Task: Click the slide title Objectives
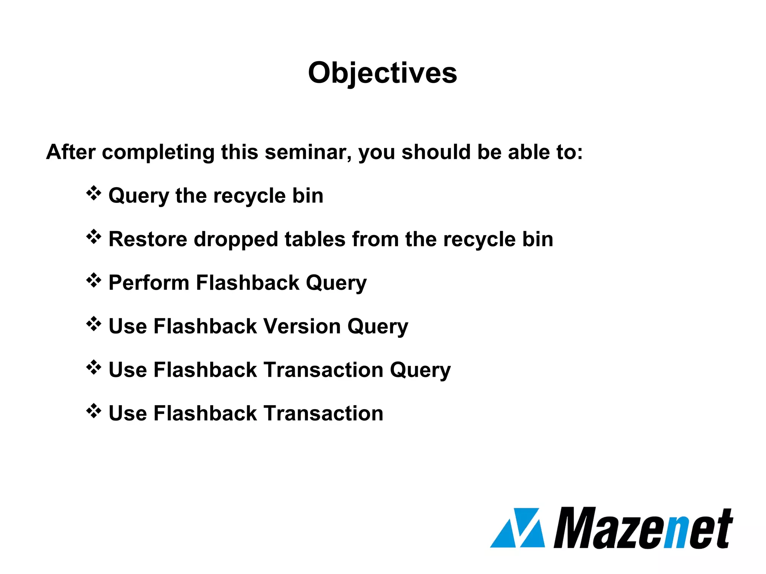pos(382,73)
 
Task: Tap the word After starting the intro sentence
pos(71,152)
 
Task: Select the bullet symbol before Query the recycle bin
pos(94,193)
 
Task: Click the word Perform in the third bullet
pos(148,283)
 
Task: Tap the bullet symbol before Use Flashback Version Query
pos(94,324)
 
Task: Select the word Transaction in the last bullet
pos(324,413)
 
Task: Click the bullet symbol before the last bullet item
pos(94,411)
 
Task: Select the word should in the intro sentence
pos(436,152)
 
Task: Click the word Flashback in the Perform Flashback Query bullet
pos(248,283)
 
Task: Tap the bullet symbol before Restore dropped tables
pos(94,237)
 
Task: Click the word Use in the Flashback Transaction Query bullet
pos(128,370)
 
